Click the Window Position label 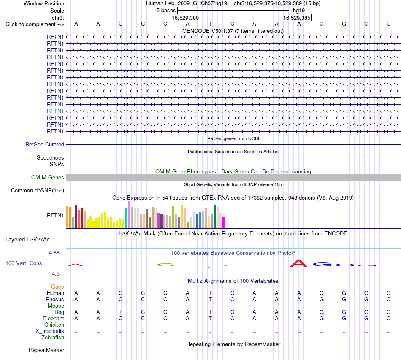pyautogui.click(x=44, y=3)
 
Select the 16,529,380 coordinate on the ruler pyautogui.click(x=185, y=18)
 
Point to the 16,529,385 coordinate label pyautogui.click(x=297, y=18)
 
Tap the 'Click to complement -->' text pyautogui.click(x=35, y=24)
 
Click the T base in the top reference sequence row pyautogui.click(x=210, y=24)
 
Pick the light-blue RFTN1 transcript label pyautogui.click(x=55, y=111)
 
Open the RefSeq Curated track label pyautogui.click(x=45, y=144)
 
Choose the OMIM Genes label pyautogui.click(x=48, y=177)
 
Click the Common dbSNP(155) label pyautogui.click(x=38, y=190)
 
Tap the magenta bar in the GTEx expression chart pyautogui.click(x=224, y=222)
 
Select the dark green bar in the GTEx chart pyautogui.click(x=214, y=217)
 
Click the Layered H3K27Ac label pyautogui.click(x=27, y=240)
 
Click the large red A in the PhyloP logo pyautogui.click(x=299, y=263)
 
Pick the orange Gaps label pyautogui.click(x=57, y=287)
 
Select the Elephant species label pyautogui.click(x=53, y=318)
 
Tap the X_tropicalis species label pyautogui.click(x=50, y=331)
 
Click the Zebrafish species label pyautogui.click(x=53, y=338)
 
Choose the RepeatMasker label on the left pyautogui.click(x=46, y=350)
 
